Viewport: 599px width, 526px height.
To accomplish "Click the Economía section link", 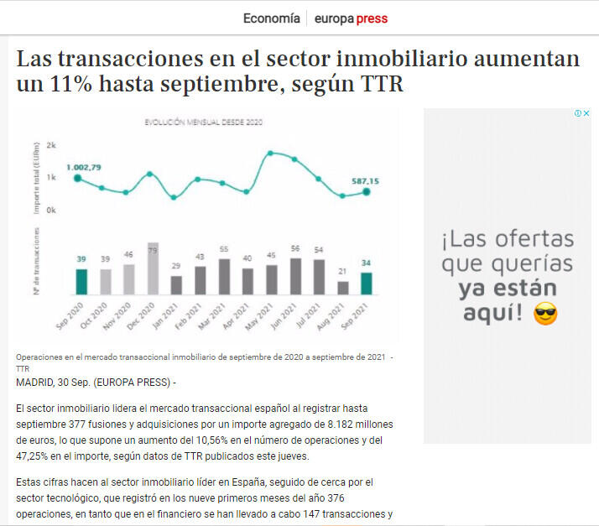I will point(271,18).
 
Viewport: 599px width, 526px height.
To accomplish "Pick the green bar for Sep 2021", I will point(366,284).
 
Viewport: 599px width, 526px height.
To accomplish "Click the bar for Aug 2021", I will point(342,287).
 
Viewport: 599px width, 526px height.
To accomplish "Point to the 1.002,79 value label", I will point(84,167).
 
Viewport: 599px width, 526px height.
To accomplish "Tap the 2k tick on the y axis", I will point(52,145).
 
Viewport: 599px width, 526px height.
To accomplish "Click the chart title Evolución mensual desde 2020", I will point(204,122).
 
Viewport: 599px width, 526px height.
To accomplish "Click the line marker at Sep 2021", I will point(366,191).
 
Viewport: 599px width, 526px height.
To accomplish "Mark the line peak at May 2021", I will point(270,153).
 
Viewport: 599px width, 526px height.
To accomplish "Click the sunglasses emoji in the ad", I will point(545,315).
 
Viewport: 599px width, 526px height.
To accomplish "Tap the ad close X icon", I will point(586,113).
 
